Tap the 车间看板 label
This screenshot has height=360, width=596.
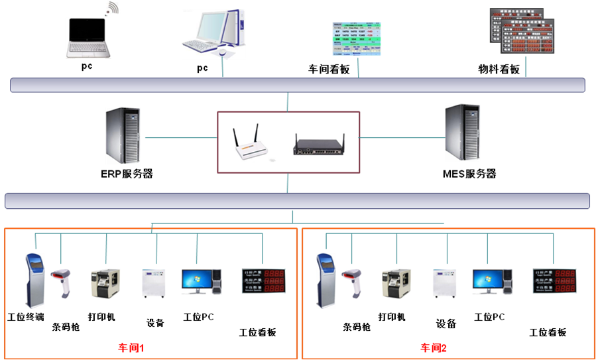(x=329, y=69)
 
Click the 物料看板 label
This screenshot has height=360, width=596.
(x=499, y=69)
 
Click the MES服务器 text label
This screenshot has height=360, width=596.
(x=469, y=174)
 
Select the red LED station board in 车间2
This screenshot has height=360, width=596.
(x=555, y=281)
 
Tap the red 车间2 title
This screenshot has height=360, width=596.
(x=434, y=347)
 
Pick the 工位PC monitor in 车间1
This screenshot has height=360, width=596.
(x=197, y=280)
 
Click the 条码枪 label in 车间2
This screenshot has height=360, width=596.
(x=356, y=327)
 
